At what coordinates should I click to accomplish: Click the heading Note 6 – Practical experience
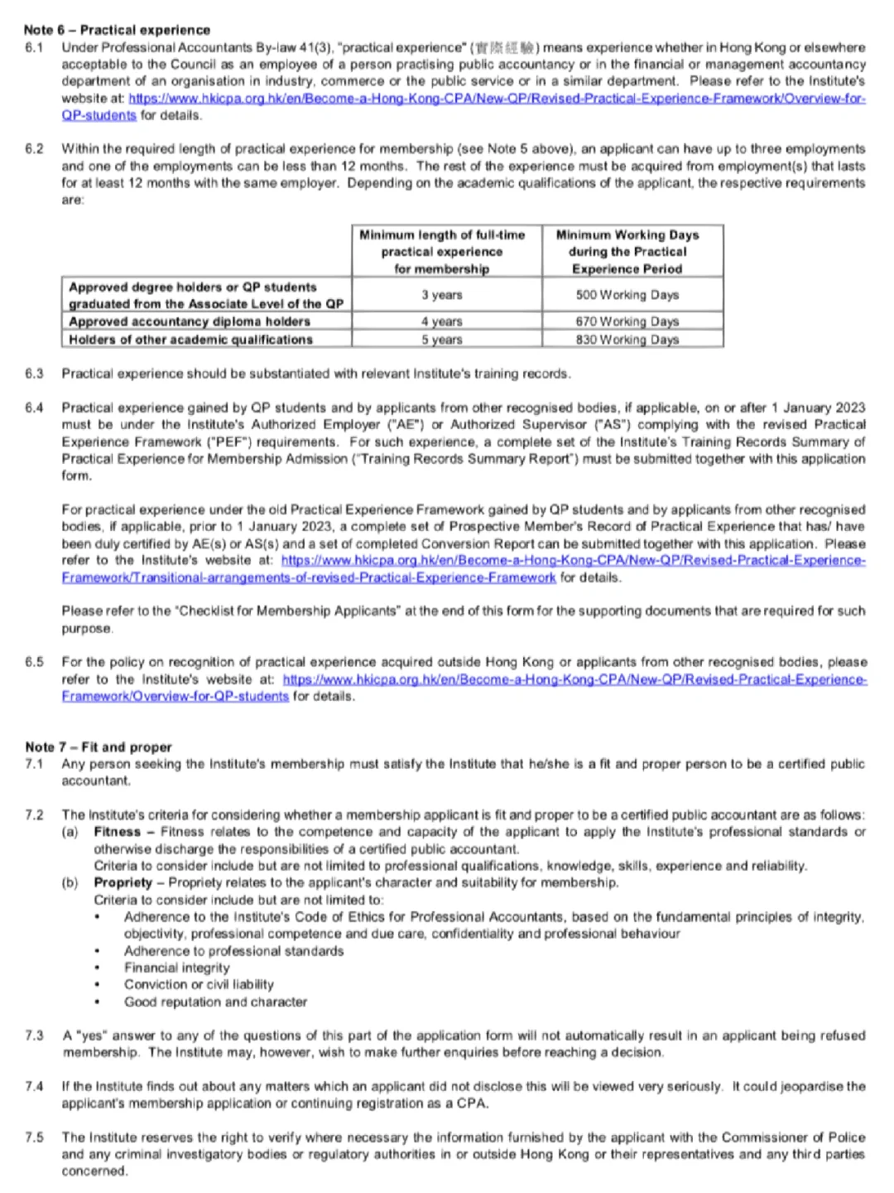click(117, 30)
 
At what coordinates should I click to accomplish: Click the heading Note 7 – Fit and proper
click(99, 746)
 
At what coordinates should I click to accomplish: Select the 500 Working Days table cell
click(627, 295)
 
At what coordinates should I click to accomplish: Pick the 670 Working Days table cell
click(627, 321)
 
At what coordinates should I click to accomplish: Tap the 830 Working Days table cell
click(627, 340)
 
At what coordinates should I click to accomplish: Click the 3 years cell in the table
click(441, 295)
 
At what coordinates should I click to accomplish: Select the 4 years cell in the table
click(441, 321)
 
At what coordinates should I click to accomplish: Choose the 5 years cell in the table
click(441, 340)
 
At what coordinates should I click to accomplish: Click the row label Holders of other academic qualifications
click(190, 340)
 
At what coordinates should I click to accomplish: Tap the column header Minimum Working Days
click(627, 235)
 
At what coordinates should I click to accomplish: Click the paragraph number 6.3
click(34, 374)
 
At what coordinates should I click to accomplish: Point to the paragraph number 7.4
click(34, 1086)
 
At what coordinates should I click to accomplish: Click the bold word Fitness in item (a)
click(117, 832)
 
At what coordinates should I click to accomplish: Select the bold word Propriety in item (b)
click(123, 882)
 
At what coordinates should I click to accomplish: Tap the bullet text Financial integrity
click(177, 968)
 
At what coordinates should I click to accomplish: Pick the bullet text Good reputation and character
click(215, 1002)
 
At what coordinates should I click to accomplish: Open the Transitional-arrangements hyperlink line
click(308, 577)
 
